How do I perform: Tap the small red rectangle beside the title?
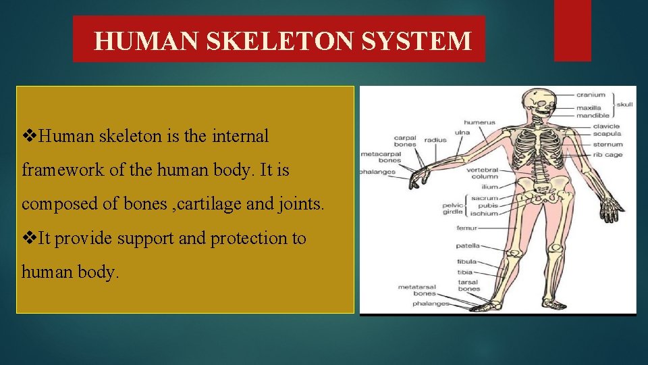tap(572, 30)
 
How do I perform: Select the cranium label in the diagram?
tap(591, 95)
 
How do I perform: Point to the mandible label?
tap(593, 115)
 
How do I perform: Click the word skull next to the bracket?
tap(625, 105)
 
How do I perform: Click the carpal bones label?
tap(405, 142)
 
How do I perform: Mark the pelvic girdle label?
tap(452, 208)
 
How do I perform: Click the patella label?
tap(467, 246)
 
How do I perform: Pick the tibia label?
tap(465, 272)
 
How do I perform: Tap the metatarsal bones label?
tap(417, 291)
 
